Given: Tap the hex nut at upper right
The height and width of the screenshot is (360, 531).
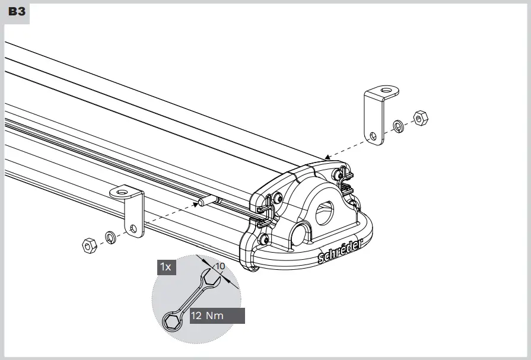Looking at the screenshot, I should (x=420, y=118).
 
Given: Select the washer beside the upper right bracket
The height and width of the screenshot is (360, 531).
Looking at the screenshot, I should (x=398, y=126).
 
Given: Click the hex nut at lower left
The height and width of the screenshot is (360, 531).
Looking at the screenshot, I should (x=89, y=244).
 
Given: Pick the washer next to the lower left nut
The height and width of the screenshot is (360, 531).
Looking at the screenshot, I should (x=110, y=237).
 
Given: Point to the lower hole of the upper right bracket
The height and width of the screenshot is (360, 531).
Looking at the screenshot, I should (x=373, y=136).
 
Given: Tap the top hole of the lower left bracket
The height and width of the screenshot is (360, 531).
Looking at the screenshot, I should (x=123, y=192).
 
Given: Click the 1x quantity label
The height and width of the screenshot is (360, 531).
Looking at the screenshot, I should (x=166, y=267).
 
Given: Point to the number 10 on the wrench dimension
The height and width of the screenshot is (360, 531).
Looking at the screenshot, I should (x=220, y=266).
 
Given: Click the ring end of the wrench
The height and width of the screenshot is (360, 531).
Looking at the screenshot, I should (x=171, y=322).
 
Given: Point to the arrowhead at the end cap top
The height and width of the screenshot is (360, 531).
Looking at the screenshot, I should (x=327, y=158).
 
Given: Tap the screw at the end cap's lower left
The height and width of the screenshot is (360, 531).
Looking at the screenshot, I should (x=263, y=240).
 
